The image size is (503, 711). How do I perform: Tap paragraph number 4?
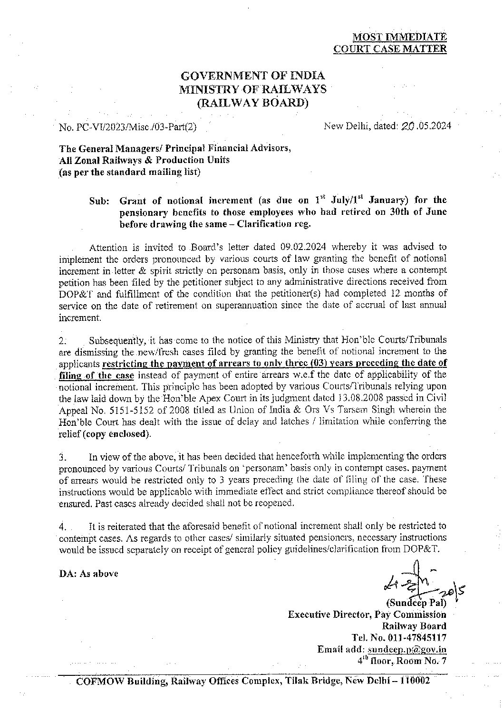(62, 527)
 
